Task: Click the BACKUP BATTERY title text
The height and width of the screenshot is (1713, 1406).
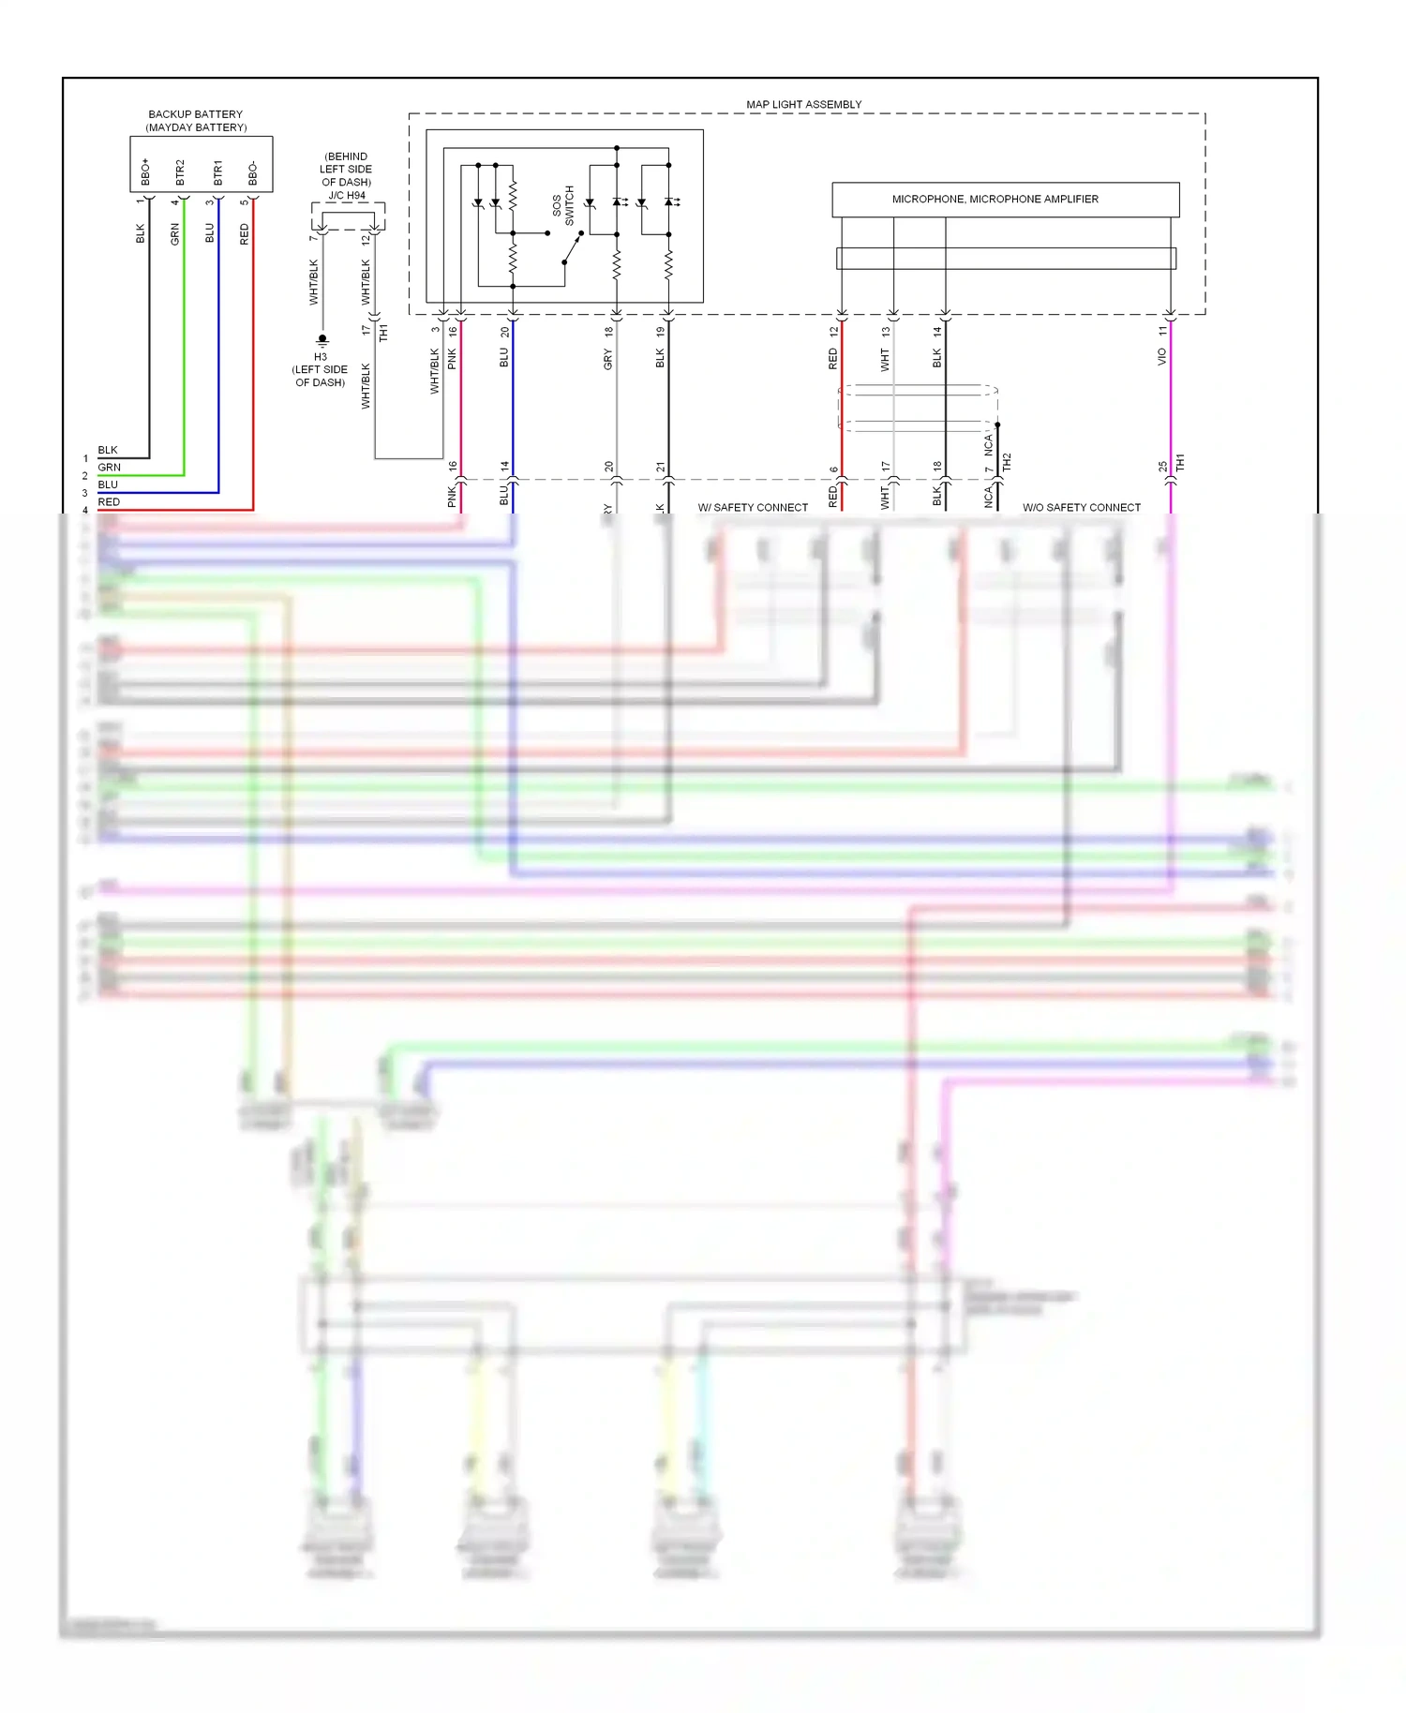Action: pos(195,114)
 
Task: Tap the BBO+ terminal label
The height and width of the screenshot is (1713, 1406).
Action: pos(145,171)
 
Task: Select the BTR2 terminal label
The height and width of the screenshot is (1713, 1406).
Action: pos(180,171)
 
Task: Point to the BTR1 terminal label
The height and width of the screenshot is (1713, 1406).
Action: pos(217,171)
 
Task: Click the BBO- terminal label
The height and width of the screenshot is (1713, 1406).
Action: pos(253,173)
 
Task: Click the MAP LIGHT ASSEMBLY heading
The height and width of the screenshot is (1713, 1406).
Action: pos(803,104)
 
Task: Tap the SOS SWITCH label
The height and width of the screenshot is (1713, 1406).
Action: pos(562,205)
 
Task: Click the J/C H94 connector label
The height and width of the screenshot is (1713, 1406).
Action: pos(347,196)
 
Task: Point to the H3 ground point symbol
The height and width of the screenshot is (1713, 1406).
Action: pos(322,339)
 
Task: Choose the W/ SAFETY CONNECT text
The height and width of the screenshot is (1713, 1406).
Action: pos(753,508)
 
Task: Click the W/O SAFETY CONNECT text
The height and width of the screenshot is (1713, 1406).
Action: pos(1082,508)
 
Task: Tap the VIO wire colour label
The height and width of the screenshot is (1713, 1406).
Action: pos(1161,356)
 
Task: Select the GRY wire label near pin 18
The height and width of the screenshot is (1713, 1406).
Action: pos(607,358)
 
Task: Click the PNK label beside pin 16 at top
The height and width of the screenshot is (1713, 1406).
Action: pos(452,358)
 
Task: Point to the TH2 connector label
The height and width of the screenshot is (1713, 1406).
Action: pos(1007,461)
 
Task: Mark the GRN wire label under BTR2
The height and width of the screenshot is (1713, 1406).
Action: pos(175,234)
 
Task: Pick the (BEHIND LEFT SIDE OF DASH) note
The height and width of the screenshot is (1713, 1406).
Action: pos(346,170)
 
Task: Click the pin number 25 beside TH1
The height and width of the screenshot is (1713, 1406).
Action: pos(1162,466)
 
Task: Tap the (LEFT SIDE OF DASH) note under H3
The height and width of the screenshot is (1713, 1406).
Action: pos(320,376)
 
